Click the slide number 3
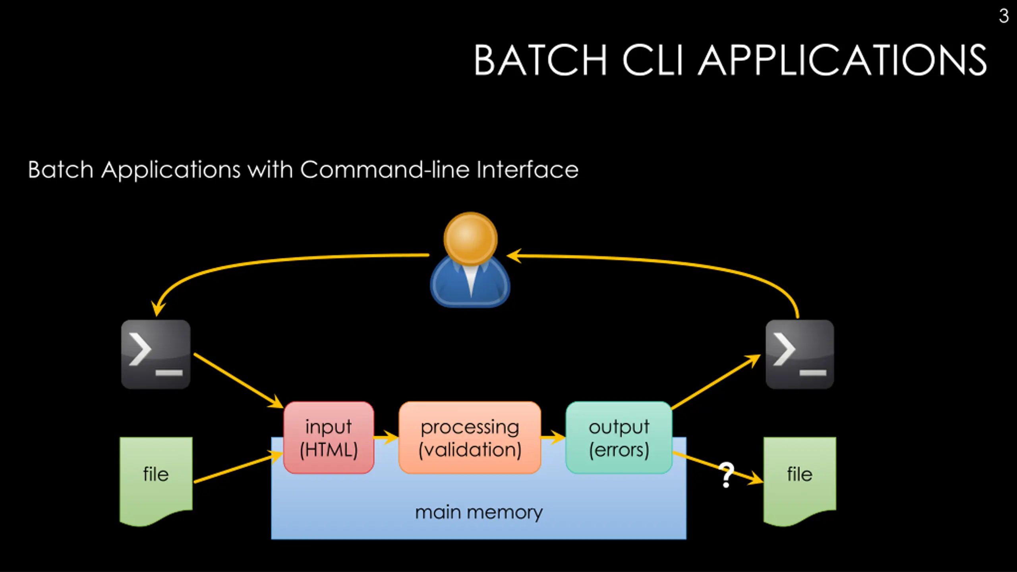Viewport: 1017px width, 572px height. click(x=1003, y=16)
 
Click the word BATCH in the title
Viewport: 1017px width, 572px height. click(x=540, y=60)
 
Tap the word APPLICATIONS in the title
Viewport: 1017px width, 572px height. click(x=842, y=60)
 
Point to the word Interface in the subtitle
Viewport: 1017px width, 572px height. click(x=527, y=170)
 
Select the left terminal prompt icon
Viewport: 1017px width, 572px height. click(x=156, y=354)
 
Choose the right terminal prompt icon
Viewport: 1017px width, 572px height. click(x=799, y=354)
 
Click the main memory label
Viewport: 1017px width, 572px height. click(x=479, y=512)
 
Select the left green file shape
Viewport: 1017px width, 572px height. click(x=156, y=477)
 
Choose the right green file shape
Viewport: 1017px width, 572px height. click(x=799, y=477)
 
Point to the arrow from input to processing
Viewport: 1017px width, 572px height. click(x=386, y=438)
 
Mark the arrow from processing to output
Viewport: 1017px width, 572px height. click(x=553, y=438)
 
